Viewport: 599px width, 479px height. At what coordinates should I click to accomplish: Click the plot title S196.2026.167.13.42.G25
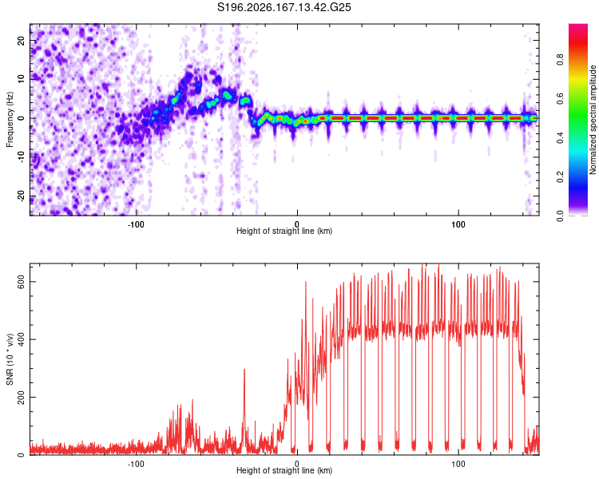284,7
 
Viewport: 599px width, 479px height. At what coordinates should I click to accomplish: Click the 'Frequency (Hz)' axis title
10,120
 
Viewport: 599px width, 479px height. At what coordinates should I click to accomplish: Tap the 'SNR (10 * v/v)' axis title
10,359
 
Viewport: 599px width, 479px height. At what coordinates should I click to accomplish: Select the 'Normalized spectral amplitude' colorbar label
593,120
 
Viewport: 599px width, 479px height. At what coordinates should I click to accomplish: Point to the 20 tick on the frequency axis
21,40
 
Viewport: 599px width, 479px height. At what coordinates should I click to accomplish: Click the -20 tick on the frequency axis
21,196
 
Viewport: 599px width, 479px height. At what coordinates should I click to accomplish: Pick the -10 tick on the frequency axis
21,157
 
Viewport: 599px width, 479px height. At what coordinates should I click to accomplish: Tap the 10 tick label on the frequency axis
21,79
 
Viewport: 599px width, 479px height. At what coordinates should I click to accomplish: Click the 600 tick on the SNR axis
21,282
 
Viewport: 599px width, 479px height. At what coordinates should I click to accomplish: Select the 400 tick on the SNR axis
21,339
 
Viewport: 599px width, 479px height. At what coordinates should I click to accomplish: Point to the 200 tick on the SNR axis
21,398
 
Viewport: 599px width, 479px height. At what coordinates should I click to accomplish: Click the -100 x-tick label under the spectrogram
136,224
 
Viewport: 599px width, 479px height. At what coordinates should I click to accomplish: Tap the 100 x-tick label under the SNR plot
458,464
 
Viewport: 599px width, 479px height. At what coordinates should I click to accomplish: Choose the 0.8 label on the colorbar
560,59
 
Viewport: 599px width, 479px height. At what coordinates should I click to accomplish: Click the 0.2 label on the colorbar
560,177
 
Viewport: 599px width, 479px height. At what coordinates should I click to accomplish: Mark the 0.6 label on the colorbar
560,98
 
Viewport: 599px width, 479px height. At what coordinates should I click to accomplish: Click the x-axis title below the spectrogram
284,231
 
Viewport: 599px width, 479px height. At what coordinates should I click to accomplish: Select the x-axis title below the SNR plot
284,470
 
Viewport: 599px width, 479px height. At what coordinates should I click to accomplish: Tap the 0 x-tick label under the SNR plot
297,464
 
